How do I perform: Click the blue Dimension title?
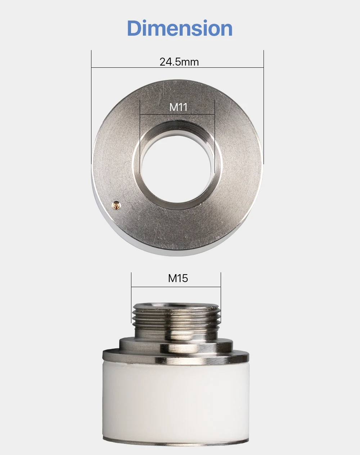[x=180, y=28]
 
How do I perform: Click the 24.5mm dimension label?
[x=179, y=62]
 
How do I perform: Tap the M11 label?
[x=178, y=107]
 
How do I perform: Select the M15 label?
[x=178, y=278]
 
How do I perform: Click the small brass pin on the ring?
[x=116, y=205]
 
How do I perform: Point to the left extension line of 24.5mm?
[x=91, y=107]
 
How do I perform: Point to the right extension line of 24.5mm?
[x=264, y=107]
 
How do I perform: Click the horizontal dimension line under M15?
[x=176, y=287]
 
